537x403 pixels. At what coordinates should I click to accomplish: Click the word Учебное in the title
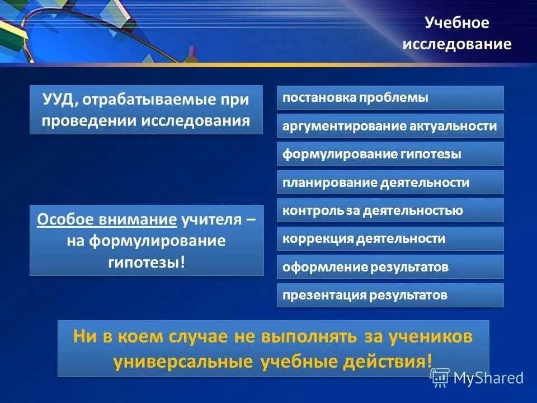(x=457, y=23)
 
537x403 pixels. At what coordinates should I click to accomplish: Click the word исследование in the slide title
(x=457, y=44)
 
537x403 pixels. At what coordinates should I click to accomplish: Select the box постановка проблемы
(x=390, y=97)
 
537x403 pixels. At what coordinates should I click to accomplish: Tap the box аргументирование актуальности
(x=390, y=126)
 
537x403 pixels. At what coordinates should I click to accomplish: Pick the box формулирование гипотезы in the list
(x=390, y=154)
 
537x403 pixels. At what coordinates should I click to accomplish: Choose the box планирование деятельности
(x=390, y=182)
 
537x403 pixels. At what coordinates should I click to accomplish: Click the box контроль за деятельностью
(x=390, y=210)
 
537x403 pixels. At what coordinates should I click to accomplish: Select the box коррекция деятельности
(x=390, y=238)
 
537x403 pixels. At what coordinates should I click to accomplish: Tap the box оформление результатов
(x=390, y=267)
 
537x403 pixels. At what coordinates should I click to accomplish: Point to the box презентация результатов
(x=390, y=295)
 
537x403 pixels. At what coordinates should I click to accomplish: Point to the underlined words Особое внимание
(x=107, y=219)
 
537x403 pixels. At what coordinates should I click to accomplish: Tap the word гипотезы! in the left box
(x=146, y=262)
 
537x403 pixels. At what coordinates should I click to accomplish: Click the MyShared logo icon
(x=440, y=378)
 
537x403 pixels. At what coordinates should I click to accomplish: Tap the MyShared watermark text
(x=488, y=378)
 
